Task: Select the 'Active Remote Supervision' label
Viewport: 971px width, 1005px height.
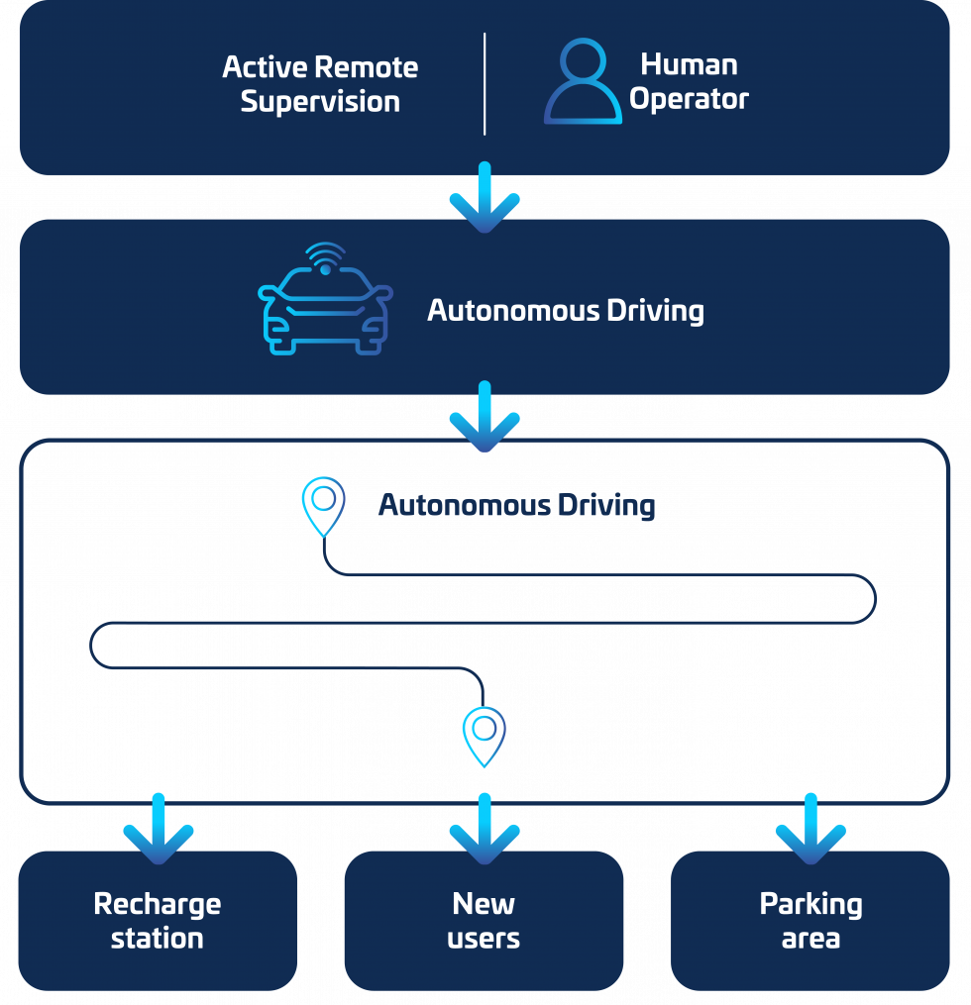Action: tap(320, 84)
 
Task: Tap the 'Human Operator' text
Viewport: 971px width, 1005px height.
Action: tap(690, 82)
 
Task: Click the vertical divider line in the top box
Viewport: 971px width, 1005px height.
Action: tap(485, 83)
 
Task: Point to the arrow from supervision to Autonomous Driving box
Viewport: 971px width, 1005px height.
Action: tap(485, 198)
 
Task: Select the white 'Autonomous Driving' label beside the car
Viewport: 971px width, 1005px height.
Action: tap(565, 311)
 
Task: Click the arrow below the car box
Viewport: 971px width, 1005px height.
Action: tap(485, 417)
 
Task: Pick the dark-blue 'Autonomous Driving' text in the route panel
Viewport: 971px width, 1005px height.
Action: tap(516, 506)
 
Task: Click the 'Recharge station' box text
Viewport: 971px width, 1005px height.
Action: tap(158, 921)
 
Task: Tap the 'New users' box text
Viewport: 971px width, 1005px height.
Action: tap(484, 921)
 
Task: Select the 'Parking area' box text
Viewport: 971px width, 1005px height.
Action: tap(810, 921)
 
